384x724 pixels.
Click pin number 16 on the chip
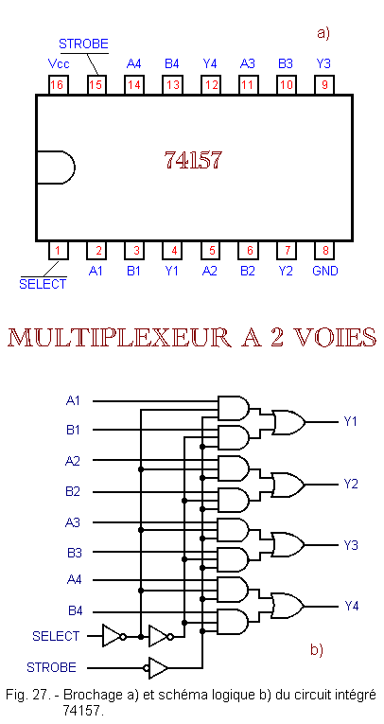(x=58, y=85)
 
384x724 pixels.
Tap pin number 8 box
(x=325, y=251)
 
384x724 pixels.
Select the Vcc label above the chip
(x=59, y=63)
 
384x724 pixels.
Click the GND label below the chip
(x=325, y=271)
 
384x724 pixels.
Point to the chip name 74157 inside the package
(x=193, y=160)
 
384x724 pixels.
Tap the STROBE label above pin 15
(x=83, y=44)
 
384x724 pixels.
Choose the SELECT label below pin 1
(x=43, y=284)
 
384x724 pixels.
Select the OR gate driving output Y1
(x=288, y=422)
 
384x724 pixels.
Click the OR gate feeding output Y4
(x=288, y=606)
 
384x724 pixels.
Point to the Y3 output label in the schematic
(x=351, y=545)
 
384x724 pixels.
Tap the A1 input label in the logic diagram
(x=73, y=400)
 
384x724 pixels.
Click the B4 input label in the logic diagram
(x=76, y=611)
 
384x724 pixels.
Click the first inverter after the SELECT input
(x=114, y=636)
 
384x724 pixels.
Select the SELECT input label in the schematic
(x=56, y=636)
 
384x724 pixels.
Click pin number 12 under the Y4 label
(x=211, y=85)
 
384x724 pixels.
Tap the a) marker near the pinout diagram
(x=323, y=34)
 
